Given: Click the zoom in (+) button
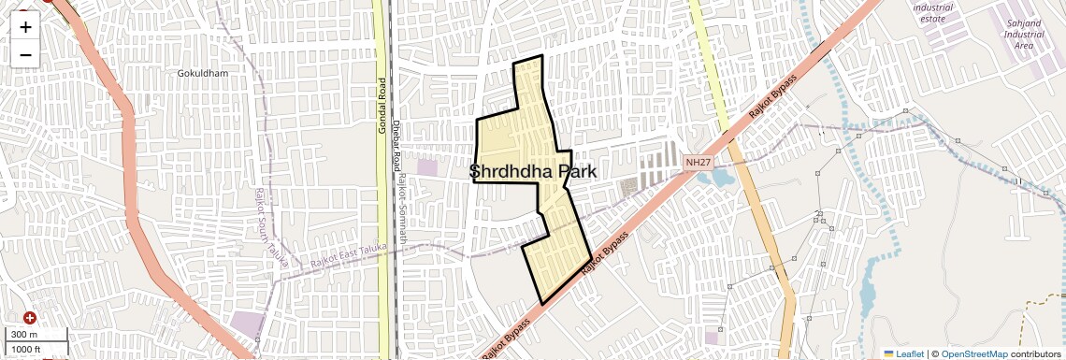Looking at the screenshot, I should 25,26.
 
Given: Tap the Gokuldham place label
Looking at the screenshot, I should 203,72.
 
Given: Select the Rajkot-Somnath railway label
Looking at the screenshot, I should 403,210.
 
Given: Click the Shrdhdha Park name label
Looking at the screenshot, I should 532,171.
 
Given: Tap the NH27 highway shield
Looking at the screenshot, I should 697,162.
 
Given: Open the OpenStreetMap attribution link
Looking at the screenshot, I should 974,353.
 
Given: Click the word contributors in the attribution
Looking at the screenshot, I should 1035,353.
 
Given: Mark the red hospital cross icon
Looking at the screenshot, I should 30,318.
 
